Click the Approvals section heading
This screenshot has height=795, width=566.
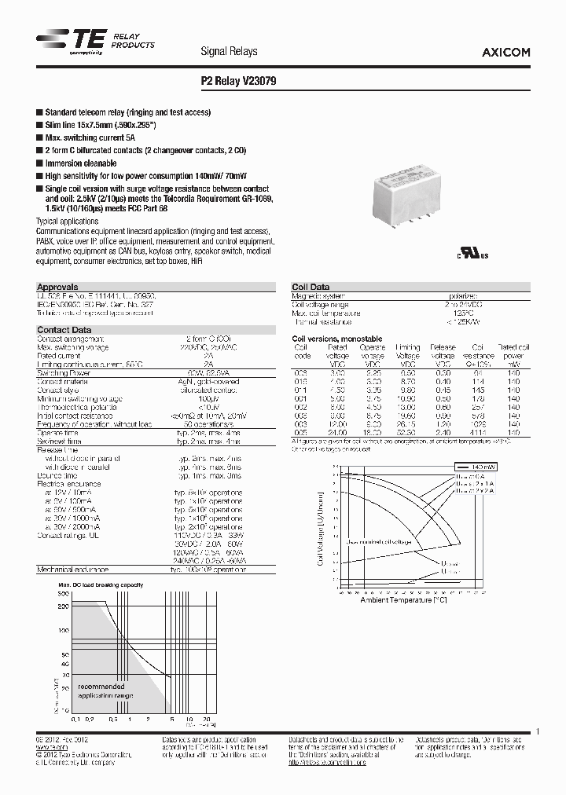click(x=58, y=288)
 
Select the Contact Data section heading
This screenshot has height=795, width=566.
click(x=64, y=330)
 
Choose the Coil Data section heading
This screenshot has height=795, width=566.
click(x=311, y=288)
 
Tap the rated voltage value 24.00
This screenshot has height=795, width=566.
click(x=337, y=432)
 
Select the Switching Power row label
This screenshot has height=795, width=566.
click(x=64, y=373)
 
